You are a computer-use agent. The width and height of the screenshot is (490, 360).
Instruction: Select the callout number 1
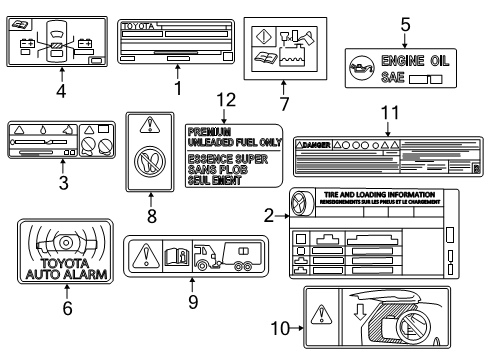pyautogui.click(x=180, y=88)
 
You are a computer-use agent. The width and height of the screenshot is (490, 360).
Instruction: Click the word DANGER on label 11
pyautogui.click(x=309, y=143)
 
